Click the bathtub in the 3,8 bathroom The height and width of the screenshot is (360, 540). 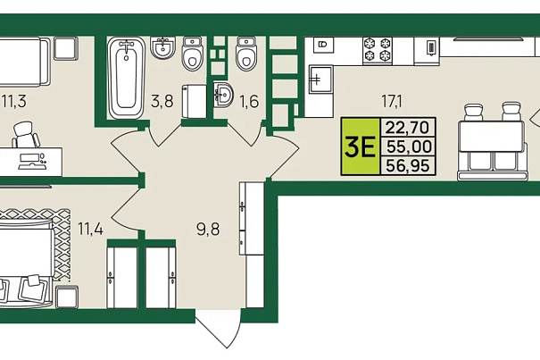point(127,78)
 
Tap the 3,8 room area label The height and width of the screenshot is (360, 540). point(162,101)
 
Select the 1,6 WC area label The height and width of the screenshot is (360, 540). point(249,101)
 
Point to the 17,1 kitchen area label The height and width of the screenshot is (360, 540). point(392,101)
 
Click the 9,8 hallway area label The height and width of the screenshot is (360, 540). point(208,229)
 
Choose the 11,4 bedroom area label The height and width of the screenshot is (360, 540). point(90,229)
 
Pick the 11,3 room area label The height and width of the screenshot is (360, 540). point(14,102)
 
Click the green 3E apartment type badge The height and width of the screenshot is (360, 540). point(361,147)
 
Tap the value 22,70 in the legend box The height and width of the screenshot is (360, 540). point(408,128)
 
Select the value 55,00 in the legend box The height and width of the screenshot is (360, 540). point(409,147)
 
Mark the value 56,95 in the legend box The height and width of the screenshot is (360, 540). point(408,166)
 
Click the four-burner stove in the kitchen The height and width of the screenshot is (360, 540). point(378,50)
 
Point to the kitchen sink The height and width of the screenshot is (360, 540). point(320,80)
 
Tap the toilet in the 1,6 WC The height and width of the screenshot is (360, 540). point(245,54)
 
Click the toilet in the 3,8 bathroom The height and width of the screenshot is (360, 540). point(192,54)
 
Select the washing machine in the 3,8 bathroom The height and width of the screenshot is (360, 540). point(195,101)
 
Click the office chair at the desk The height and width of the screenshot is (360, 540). point(26,135)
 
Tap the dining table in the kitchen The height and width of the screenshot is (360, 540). point(493,136)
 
